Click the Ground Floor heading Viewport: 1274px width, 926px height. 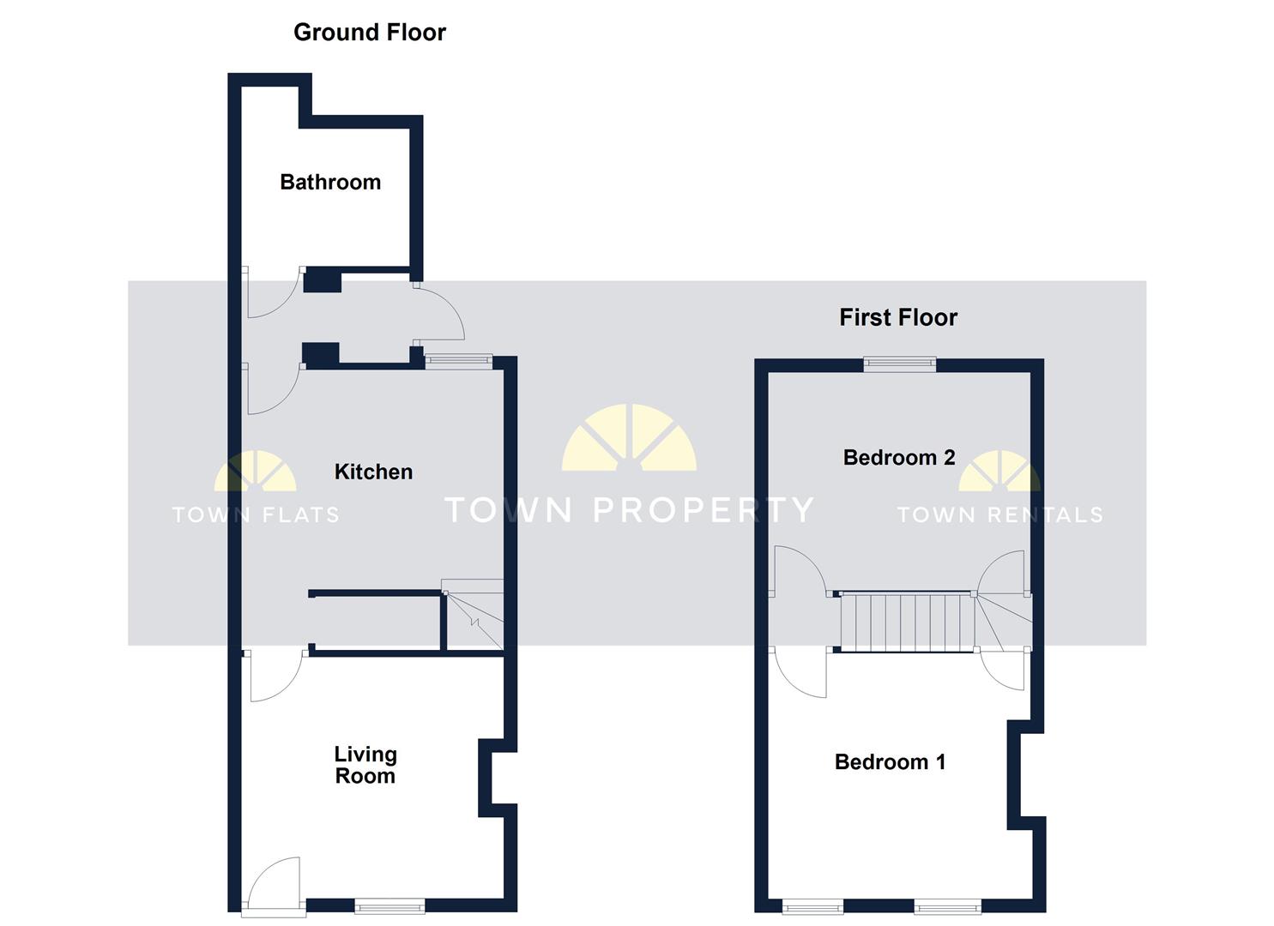click(x=370, y=33)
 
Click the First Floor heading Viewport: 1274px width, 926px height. click(x=897, y=318)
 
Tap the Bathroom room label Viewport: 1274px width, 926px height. click(x=330, y=182)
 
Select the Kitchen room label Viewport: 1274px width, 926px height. click(x=373, y=472)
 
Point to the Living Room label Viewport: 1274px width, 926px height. click(x=365, y=765)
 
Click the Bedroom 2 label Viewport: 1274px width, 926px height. click(x=899, y=458)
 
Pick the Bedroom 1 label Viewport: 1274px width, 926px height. click(x=890, y=762)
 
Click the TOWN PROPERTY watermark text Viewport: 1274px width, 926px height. click(x=629, y=510)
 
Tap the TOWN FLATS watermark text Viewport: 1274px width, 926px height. click(x=256, y=515)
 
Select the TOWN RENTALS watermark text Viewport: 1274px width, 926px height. click(x=999, y=515)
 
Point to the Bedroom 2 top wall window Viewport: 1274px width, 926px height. click(x=899, y=364)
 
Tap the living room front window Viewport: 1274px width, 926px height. click(x=389, y=905)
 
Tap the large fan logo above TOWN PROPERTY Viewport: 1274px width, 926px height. click(x=629, y=439)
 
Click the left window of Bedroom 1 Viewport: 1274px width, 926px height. click(x=812, y=906)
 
